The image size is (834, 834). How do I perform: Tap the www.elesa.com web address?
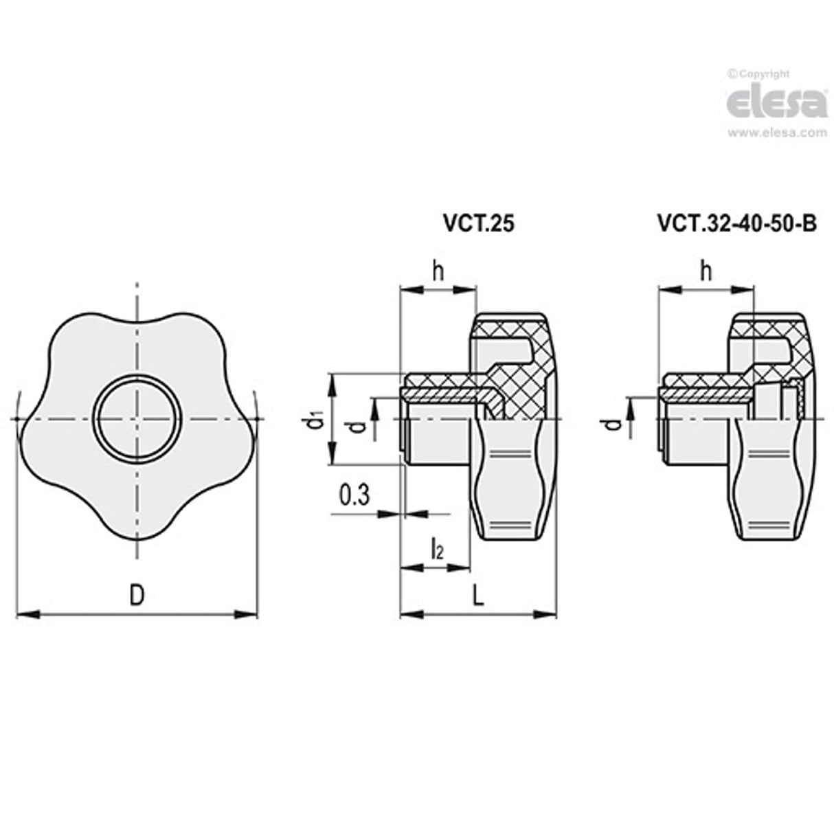tap(776, 134)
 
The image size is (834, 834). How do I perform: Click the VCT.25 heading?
tap(477, 225)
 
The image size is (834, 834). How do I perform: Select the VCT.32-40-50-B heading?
tap(736, 225)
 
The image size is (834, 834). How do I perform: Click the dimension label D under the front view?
tap(137, 596)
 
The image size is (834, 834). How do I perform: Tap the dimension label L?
tap(478, 596)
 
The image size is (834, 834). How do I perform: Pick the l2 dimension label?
tap(436, 549)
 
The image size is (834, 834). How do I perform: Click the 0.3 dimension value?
tap(354, 495)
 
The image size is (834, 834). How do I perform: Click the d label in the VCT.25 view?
tap(357, 428)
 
